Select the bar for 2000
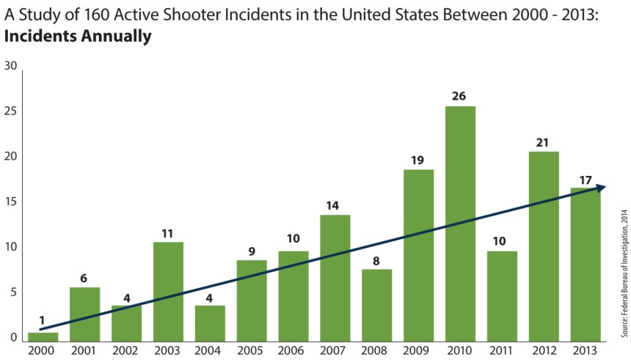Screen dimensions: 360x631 coord(43,337)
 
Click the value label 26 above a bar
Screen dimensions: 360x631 coord(460,96)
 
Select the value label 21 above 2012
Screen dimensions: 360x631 coord(544,142)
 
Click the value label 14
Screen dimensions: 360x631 coord(335,205)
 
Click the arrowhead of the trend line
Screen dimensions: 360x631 coord(601,188)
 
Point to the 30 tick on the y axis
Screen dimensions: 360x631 coord(10,66)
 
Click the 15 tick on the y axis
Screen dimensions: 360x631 coord(10,202)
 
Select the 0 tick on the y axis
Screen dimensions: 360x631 coord(13,339)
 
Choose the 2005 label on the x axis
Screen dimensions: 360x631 coord(252,351)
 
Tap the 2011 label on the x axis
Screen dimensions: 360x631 coord(502,351)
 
